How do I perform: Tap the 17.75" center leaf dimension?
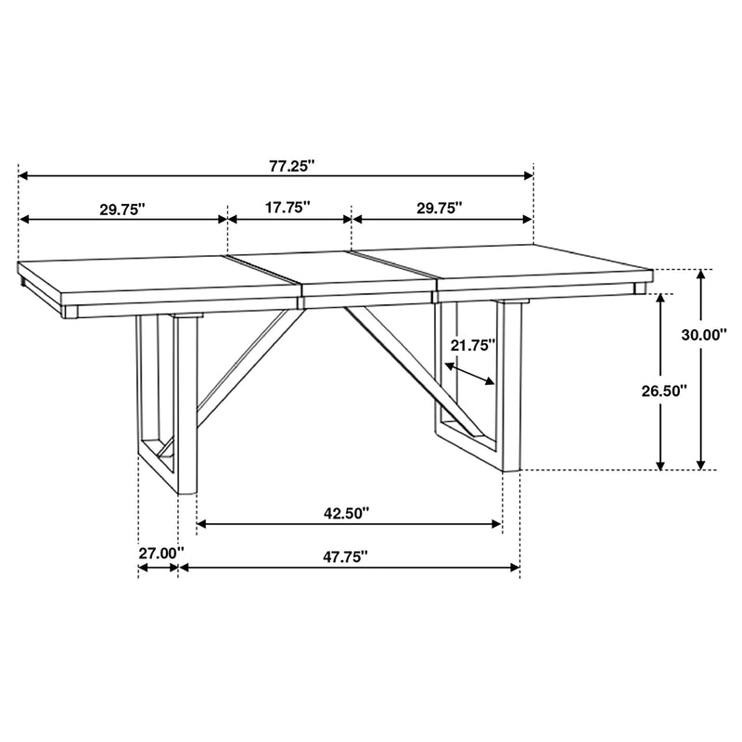tap(288, 209)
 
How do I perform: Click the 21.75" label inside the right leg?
tap(473, 344)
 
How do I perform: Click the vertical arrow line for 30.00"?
tap(702, 371)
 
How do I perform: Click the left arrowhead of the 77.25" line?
tap(24, 175)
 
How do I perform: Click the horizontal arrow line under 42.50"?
tap(350, 525)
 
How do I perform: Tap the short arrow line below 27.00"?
tap(158, 568)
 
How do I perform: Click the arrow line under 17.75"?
tap(289, 220)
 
